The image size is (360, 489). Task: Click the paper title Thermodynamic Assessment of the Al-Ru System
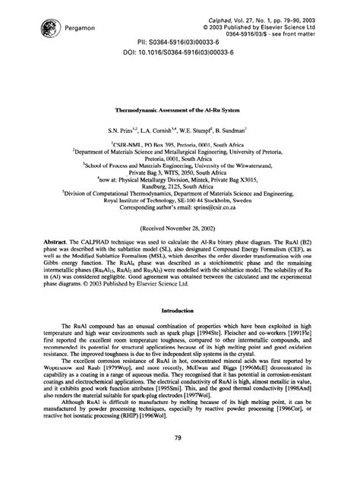[x=179, y=109]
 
